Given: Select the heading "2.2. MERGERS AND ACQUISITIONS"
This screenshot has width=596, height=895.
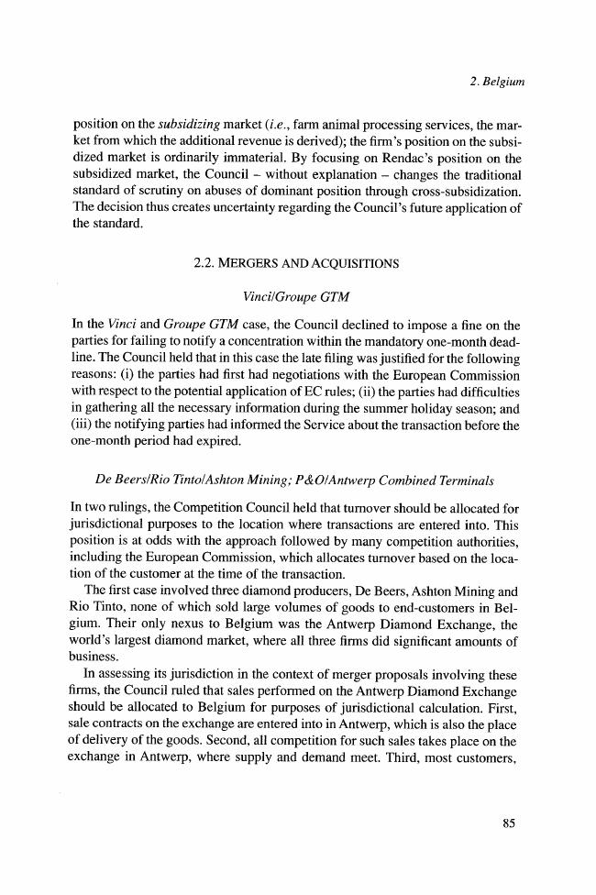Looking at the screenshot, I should point(296,264).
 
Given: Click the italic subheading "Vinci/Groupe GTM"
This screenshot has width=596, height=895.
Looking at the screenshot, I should point(296,297).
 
